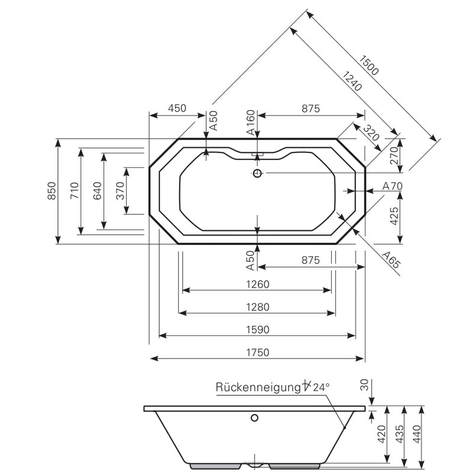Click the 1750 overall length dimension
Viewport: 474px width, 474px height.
click(258, 353)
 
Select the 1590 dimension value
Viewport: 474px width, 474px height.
click(258, 329)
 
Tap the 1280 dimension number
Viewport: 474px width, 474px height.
click(258, 307)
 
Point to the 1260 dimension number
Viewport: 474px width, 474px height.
click(258, 284)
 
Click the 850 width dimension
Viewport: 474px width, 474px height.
click(52, 191)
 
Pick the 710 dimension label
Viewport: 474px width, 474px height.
click(75, 191)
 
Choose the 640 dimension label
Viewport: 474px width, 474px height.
click(97, 191)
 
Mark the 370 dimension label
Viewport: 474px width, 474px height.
click(120, 191)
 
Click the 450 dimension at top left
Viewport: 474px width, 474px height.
click(177, 108)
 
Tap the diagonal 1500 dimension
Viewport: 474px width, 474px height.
click(369, 65)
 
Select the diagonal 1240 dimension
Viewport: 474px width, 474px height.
click(352, 81)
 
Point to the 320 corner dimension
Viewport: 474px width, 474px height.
click(371, 133)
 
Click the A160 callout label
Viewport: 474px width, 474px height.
click(251, 122)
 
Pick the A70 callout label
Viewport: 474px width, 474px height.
click(392, 186)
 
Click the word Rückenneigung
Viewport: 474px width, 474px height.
click(259, 387)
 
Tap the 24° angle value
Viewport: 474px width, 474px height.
click(321, 387)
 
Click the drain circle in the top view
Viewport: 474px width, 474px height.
click(257, 173)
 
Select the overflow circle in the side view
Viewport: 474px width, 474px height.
click(255, 418)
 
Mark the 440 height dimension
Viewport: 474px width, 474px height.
click(417, 434)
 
